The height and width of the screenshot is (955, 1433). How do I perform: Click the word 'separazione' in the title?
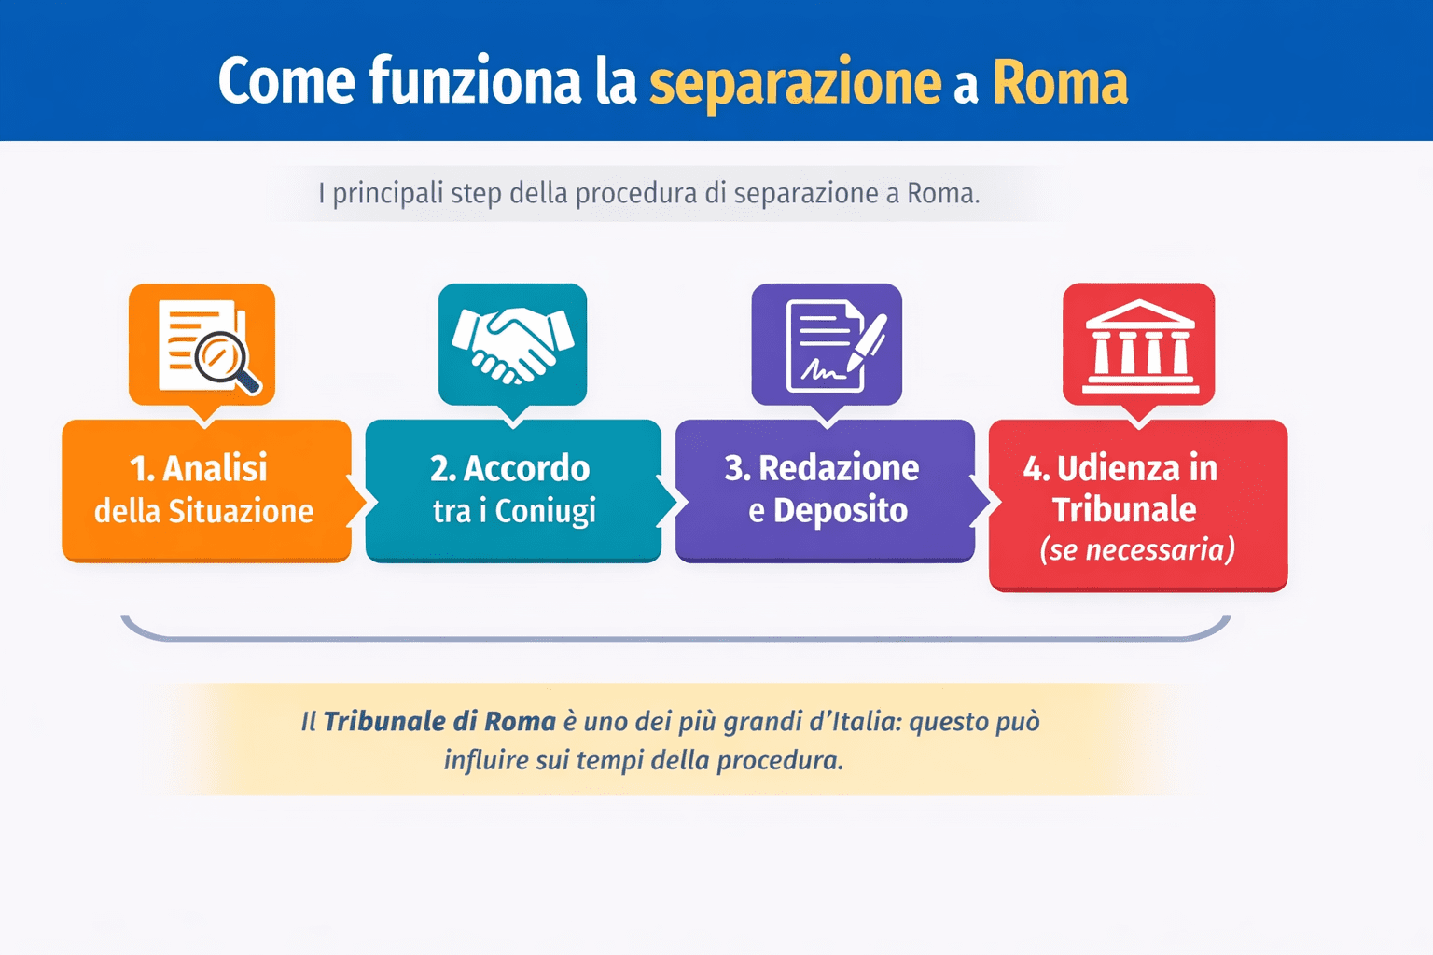click(795, 83)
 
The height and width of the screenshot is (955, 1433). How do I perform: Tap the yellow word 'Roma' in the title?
click(1060, 83)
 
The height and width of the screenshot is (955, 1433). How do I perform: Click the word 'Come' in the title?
click(286, 81)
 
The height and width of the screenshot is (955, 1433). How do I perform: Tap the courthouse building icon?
click(1139, 345)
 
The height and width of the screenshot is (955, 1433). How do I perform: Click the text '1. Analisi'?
click(199, 468)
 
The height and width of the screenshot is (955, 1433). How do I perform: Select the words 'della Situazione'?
click(203, 511)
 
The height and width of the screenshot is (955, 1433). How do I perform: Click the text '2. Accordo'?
click(510, 468)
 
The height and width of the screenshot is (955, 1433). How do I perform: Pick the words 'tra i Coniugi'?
click(514, 511)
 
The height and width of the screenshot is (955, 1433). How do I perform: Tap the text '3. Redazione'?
click(822, 468)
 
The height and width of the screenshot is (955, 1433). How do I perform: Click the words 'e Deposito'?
click(828, 510)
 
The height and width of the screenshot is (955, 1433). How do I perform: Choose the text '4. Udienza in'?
click(1120, 468)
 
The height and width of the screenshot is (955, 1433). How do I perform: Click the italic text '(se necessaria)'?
click(1137, 549)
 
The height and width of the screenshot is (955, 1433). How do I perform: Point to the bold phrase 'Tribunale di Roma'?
click(439, 721)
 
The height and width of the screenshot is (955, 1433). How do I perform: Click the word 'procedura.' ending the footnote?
click(780, 760)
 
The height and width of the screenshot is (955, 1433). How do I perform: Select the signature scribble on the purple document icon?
click(822, 371)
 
